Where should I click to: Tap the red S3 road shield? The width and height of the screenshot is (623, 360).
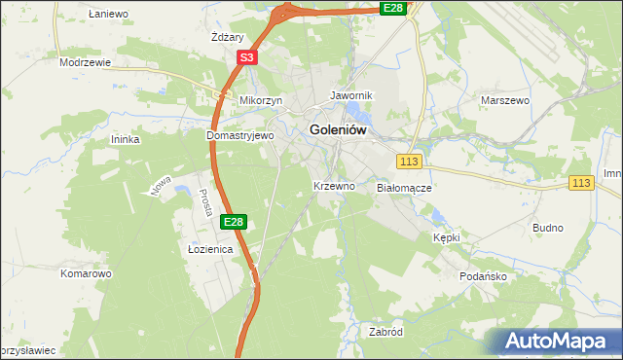tap(247, 58)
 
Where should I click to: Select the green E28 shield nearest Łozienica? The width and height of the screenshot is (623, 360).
tap(233, 223)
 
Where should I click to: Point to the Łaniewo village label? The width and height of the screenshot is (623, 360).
tap(108, 15)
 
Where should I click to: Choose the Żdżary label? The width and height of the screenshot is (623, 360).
tap(227, 37)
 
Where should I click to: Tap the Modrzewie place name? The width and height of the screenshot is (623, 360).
tap(85, 61)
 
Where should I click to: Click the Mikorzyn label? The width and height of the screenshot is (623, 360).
tap(261, 100)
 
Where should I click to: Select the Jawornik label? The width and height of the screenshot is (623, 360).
tap(352, 96)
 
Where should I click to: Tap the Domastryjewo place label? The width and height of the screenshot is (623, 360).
tap(240, 136)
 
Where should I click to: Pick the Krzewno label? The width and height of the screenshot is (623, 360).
tap(333, 185)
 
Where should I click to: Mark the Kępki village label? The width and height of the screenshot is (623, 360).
tap(445, 237)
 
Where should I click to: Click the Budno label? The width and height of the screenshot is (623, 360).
tap(548, 228)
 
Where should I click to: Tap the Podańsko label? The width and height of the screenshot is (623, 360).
tap(484, 276)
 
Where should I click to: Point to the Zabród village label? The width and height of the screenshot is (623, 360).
tap(385, 332)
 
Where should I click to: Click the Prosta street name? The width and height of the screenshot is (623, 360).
tap(205, 201)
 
